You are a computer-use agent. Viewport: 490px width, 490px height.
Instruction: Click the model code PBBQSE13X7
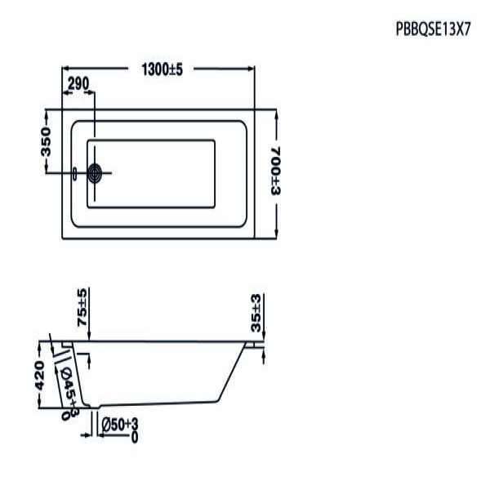(433, 29)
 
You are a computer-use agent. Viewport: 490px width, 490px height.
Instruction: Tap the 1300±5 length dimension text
(162, 69)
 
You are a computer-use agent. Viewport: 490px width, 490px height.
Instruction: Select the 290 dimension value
(78, 83)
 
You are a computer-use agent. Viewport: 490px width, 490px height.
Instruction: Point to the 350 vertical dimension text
(46, 141)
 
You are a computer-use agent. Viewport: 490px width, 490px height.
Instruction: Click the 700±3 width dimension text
(276, 171)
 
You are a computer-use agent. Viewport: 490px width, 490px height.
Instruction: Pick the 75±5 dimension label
(82, 308)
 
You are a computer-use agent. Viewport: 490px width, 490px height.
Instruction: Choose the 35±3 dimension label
(256, 313)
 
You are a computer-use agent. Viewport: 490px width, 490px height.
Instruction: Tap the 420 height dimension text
(39, 376)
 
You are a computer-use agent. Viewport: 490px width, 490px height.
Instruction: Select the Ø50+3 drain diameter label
(120, 429)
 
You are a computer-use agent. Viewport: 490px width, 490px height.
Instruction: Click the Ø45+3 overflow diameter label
(69, 392)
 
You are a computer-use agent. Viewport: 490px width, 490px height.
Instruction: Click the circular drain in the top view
(95, 173)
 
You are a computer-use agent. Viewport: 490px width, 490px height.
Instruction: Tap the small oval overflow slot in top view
(74, 174)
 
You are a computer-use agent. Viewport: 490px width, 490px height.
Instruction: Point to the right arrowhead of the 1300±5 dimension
(251, 69)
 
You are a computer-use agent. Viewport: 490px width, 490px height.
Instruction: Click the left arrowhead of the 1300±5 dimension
(65, 69)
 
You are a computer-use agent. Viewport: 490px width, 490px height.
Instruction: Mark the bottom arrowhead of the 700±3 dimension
(276, 234)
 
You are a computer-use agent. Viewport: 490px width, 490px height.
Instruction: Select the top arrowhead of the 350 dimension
(47, 114)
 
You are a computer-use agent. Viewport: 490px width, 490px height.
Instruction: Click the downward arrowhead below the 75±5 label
(89, 336)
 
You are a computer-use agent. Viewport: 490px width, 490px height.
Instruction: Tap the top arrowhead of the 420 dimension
(39, 345)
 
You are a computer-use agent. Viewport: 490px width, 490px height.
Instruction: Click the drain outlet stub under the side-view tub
(95, 406)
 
